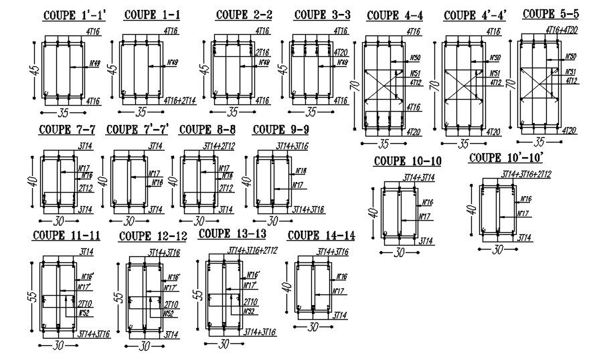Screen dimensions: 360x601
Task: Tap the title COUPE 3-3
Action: pos(322,14)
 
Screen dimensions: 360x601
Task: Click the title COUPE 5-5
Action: pos(551,14)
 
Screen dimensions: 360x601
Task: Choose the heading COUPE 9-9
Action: pos(280,129)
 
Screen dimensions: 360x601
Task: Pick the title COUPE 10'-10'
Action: pos(505,158)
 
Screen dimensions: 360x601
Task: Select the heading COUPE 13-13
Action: pos(232,234)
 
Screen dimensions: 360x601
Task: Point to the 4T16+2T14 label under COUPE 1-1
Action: pos(179,100)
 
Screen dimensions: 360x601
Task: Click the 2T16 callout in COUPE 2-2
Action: pos(263,52)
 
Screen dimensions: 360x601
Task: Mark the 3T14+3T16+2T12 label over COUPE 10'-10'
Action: pos(526,175)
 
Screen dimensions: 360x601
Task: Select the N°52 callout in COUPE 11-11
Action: pos(84,312)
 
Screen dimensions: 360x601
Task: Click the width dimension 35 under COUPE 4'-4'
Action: pos(463,144)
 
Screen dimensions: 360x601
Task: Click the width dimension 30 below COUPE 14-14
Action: pos(312,328)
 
